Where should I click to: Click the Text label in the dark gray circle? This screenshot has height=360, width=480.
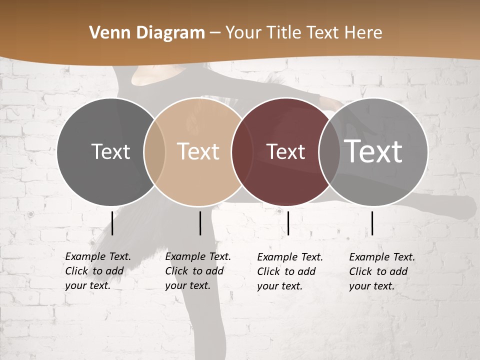click(110, 151)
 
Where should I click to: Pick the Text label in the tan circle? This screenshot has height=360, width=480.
click(198, 151)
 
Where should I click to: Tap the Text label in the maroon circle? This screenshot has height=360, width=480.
click(285, 151)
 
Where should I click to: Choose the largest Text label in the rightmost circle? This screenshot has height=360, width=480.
click(373, 151)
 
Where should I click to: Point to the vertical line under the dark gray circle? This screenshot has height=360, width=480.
click(112, 223)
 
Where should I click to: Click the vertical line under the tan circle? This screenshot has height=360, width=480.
click(200, 223)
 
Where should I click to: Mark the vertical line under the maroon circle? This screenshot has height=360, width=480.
click(288, 223)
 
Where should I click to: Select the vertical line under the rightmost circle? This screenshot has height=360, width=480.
click(372, 223)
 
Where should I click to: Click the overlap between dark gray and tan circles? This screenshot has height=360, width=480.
click(154, 151)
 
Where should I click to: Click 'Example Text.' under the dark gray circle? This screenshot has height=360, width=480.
click(98, 256)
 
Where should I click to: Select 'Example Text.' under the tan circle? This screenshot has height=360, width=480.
click(198, 256)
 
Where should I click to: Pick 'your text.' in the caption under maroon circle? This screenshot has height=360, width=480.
click(279, 286)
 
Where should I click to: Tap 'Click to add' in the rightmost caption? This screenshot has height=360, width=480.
click(378, 271)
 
